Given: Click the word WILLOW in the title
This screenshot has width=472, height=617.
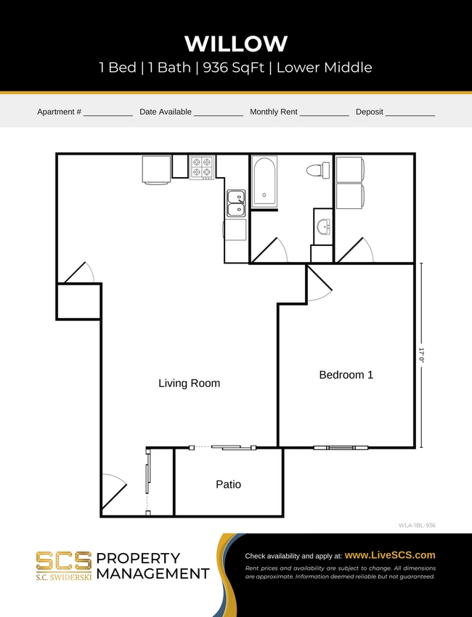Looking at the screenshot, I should click(x=236, y=44).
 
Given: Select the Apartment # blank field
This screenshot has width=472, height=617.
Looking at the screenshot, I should click(x=107, y=113).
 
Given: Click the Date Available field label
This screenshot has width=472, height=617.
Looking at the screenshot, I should click(x=166, y=112).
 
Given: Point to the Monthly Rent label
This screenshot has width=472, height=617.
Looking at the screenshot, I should click(x=274, y=112).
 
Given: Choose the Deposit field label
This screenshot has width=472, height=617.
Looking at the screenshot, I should click(x=370, y=112).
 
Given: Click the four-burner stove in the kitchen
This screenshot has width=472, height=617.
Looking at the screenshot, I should click(x=201, y=167).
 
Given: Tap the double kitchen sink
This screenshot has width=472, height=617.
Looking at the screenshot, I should click(x=236, y=203).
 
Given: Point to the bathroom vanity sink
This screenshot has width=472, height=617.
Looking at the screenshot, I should click(x=323, y=226).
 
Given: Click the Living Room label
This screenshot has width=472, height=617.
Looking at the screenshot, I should click(x=189, y=383).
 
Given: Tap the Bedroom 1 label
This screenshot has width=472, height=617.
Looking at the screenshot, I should click(x=346, y=375).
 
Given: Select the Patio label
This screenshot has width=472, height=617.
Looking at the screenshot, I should click(x=228, y=484).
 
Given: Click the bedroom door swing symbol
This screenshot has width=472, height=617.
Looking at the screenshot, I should click(x=318, y=283).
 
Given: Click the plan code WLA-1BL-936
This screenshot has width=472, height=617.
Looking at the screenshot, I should click(x=417, y=525).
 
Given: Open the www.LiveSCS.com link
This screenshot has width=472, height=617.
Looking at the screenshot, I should click(x=390, y=555).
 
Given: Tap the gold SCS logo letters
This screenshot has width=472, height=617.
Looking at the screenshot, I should click(x=64, y=561).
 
